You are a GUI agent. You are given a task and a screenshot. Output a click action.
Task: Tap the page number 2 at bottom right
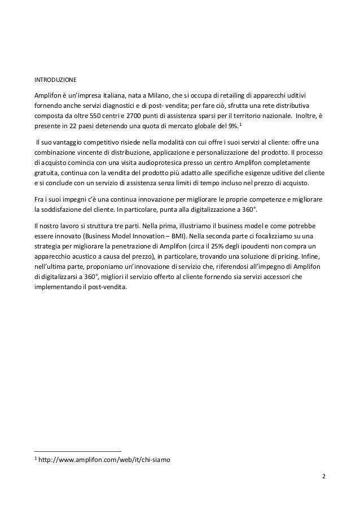(323, 476)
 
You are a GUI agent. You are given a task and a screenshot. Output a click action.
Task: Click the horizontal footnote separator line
(78, 451)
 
